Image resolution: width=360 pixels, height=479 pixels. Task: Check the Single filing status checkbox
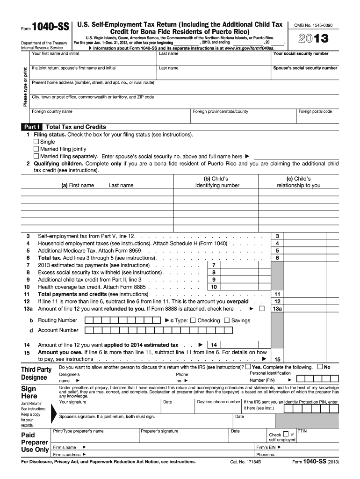point(36,142)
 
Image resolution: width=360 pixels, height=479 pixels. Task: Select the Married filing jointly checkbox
point(36,149)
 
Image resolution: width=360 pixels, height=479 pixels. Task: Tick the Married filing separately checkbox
point(36,156)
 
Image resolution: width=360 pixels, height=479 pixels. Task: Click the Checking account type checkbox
point(193,320)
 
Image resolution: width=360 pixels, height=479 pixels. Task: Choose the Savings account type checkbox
point(227,320)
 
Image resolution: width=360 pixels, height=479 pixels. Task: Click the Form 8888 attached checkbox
point(261,309)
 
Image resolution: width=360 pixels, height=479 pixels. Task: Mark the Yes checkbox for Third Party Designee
point(248,367)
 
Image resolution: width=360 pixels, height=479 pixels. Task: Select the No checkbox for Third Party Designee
point(320,367)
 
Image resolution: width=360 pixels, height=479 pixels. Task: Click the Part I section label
point(32,127)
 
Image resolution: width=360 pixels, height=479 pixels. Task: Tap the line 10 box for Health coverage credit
point(214,287)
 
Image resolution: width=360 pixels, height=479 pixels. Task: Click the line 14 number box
point(214,345)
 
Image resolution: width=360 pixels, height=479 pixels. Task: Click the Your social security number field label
point(307,53)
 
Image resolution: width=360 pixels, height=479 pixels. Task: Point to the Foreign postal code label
point(315,111)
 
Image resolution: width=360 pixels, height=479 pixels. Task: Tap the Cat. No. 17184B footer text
point(245,462)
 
